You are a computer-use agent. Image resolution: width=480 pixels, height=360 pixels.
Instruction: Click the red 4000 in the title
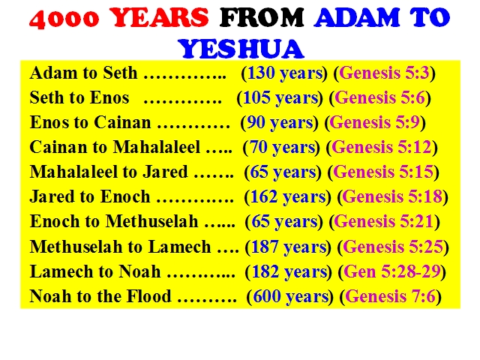[x=64, y=18]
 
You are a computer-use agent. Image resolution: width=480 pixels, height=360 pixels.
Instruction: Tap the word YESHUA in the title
[x=241, y=49]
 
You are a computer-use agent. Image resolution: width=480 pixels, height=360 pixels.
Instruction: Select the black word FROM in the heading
[x=262, y=17]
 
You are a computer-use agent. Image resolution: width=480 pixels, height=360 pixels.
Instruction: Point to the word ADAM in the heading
[x=357, y=17]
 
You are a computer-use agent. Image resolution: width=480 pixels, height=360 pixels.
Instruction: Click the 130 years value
[x=285, y=73]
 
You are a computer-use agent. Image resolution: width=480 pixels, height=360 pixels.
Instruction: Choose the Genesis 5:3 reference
[x=384, y=73]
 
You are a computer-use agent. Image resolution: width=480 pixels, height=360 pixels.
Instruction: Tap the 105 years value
[x=280, y=98]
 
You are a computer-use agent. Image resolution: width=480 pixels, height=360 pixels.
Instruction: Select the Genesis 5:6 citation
[x=380, y=97]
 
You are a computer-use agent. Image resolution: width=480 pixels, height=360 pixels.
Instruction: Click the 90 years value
[x=280, y=123]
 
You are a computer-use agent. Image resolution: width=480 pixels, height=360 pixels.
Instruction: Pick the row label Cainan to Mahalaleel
[x=115, y=147]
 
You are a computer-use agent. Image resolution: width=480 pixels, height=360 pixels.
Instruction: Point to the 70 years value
[x=282, y=148]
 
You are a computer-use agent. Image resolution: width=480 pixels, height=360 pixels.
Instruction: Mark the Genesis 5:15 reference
[x=383, y=172]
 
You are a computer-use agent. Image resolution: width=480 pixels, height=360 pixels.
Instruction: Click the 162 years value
[x=288, y=196]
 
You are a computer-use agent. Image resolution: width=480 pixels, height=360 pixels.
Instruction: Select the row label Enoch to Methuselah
[x=114, y=221]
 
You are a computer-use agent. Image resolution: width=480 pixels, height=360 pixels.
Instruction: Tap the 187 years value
[x=289, y=247]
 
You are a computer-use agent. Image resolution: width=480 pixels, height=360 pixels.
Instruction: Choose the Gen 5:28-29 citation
[x=392, y=271]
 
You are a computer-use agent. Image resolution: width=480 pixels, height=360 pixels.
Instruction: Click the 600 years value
[x=290, y=297]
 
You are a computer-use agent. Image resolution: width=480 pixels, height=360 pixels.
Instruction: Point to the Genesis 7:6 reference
[x=390, y=296]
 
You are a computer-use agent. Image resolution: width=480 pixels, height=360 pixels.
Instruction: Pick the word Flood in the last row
[x=149, y=296]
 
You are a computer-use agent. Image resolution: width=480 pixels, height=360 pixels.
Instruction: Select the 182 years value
[x=289, y=271]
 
